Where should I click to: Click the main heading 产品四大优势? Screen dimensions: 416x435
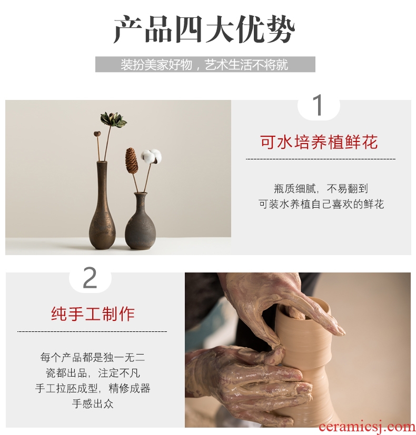(x=204, y=29)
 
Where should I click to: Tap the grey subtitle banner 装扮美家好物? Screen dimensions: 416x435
(x=205, y=64)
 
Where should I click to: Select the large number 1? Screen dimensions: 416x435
(x=319, y=105)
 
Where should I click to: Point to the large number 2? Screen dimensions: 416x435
(x=90, y=278)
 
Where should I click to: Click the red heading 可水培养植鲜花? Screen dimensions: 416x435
(x=319, y=142)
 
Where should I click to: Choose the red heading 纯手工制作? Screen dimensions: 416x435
(x=93, y=314)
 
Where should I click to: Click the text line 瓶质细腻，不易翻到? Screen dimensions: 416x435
(x=321, y=189)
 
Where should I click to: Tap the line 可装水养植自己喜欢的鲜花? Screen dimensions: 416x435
(x=321, y=204)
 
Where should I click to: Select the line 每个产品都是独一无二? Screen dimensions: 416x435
(x=93, y=357)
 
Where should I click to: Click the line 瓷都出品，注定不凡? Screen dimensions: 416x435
(x=93, y=373)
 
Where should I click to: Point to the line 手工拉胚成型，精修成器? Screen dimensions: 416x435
(x=93, y=388)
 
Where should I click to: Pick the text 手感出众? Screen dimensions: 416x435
(x=93, y=403)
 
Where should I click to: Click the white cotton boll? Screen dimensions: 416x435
(x=151, y=156)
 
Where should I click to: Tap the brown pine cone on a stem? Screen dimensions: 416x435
(x=132, y=159)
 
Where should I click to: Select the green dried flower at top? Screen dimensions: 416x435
(x=113, y=119)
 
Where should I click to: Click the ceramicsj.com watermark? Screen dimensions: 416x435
(x=367, y=427)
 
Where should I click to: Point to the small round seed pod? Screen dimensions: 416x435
(x=97, y=134)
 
